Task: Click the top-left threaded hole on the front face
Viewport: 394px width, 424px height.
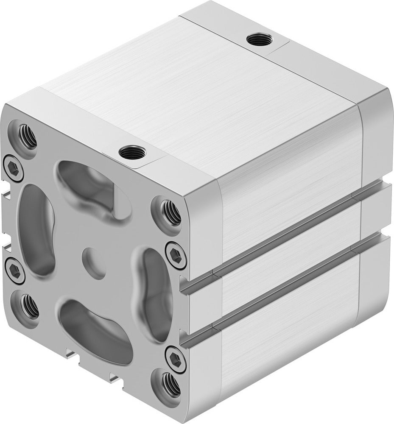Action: click(27, 137)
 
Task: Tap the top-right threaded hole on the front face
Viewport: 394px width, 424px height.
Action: click(171, 212)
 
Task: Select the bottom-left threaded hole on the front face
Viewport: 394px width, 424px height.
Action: click(30, 306)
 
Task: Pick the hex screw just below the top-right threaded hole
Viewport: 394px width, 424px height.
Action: click(176, 255)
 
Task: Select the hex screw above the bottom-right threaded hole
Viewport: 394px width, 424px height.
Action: click(175, 359)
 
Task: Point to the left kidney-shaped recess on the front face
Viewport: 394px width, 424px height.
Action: click(36, 229)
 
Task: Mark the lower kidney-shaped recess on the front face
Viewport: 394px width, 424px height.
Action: click(95, 331)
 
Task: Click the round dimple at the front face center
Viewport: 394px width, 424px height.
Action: click(93, 263)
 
